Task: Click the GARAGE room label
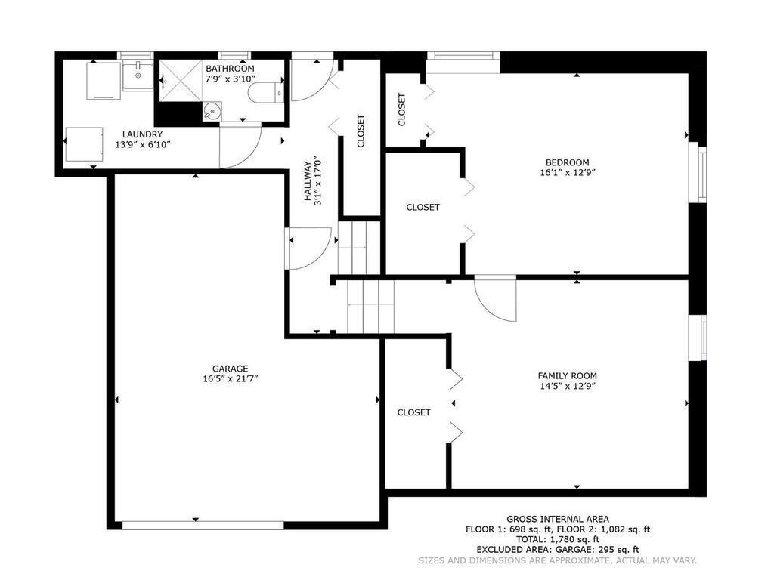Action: [230, 369]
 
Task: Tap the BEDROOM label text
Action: [567, 162]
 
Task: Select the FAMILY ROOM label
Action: [567, 375]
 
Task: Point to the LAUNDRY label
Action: [142, 134]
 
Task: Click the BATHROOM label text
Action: [230, 69]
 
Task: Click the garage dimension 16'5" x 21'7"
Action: [230, 379]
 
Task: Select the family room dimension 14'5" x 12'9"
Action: [567, 386]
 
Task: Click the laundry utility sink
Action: [137, 76]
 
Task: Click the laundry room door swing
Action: [238, 147]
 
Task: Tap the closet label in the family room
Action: [413, 412]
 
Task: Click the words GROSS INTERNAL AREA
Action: [557, 519]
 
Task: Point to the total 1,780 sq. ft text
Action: [557, 539]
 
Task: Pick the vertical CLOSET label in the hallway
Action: [361, 131]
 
